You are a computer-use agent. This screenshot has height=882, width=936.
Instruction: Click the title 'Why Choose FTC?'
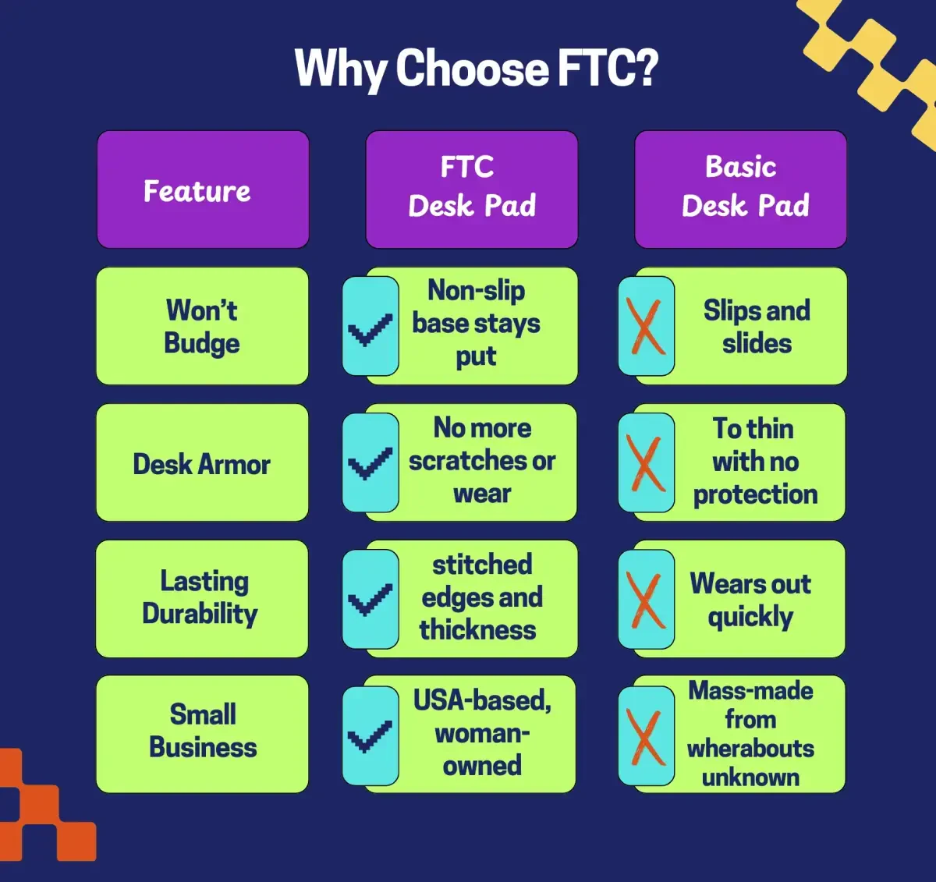click(476, 69)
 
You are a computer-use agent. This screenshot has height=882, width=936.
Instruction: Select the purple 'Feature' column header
click(203, 190)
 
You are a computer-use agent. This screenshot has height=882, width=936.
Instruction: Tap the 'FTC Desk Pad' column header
click(472, 190)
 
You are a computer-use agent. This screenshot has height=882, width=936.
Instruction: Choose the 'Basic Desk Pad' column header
click(740, 190)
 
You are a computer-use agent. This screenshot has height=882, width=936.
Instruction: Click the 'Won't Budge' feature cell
click(203, 326)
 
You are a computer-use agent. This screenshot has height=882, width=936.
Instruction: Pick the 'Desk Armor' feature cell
click(203, 462)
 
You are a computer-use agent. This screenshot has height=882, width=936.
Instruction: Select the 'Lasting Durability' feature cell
click(202, 599)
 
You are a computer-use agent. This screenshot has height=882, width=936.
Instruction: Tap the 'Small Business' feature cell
click(203, 734)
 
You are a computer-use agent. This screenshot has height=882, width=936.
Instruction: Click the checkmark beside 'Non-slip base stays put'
click(370, 329)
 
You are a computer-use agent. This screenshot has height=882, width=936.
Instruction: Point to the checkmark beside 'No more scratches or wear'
click(370, 463)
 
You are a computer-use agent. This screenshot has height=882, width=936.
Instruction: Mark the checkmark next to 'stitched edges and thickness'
click(370, 600)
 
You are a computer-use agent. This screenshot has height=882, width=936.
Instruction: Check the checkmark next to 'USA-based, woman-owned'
click(370, 736)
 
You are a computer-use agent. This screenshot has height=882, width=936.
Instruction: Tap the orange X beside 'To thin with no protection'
click(645, 463)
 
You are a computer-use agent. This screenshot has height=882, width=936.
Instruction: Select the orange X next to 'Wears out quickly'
click(645, 600)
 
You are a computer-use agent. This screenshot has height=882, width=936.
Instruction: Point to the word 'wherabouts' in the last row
click(750, 749)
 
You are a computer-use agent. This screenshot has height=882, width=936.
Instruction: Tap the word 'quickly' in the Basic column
click(750, 618)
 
